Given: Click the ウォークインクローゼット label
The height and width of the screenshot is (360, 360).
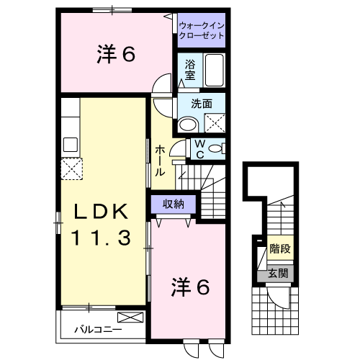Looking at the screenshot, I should coord(201,30).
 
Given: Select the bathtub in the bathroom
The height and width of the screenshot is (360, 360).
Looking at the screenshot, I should coord(214,71).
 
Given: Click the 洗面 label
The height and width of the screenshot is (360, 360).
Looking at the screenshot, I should coord(201,104).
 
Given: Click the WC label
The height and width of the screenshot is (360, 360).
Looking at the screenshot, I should coord(199,149).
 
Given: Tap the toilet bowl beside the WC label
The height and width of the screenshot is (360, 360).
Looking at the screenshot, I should coord(217,148).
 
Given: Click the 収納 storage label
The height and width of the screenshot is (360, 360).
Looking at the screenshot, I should coord(173,204).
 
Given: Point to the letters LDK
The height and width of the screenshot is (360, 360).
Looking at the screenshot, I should coord(102,212).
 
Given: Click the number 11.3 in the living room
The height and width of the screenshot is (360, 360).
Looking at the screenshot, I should coord(102,237).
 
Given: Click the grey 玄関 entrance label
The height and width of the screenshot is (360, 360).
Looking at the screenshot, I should coord(277,274).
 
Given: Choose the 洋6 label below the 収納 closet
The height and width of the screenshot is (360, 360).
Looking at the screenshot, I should coord(189,287).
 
